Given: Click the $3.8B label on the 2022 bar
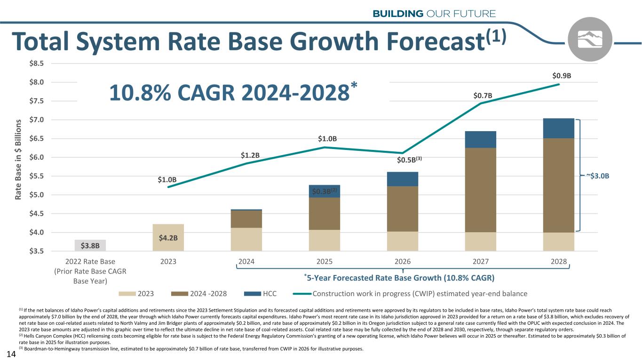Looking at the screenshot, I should click(x=90, y=245).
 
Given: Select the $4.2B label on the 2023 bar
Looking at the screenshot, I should click(x=168, y=237).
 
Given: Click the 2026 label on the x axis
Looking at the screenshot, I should click(x=403, y=262).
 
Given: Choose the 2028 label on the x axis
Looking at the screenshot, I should click(x=559, y=262).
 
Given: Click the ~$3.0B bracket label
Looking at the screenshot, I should click(x=598, y=176).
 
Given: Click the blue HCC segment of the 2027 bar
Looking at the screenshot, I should click(x=481, y=140).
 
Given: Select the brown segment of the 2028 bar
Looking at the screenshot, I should click(x=559, y=185).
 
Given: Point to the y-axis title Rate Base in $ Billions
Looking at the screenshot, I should click(x=19, y=157).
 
